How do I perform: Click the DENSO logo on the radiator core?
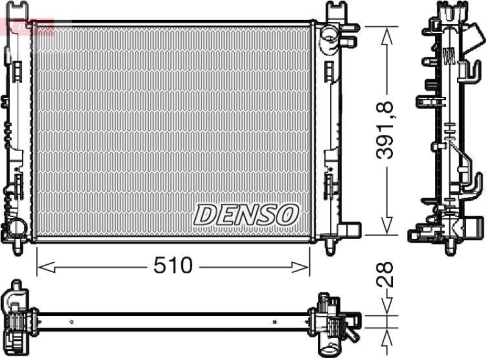tap(246, 214)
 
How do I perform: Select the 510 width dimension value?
tap(173, 265)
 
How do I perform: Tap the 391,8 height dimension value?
tap(386, 130)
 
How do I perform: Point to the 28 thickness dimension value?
tap(386, 275)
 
